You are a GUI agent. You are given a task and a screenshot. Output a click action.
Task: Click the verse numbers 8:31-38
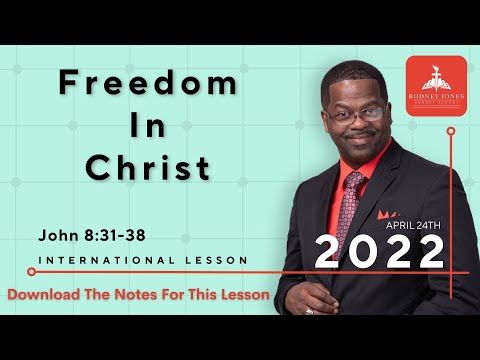115,238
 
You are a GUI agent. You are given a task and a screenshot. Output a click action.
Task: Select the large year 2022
379,252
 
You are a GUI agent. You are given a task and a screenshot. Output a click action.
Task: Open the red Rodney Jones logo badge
435,86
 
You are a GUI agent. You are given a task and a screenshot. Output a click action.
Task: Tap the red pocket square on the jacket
388,215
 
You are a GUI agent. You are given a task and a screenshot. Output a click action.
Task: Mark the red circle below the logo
451,131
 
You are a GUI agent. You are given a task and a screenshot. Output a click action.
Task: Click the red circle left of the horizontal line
31,271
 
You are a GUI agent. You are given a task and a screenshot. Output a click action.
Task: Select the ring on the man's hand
309,311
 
